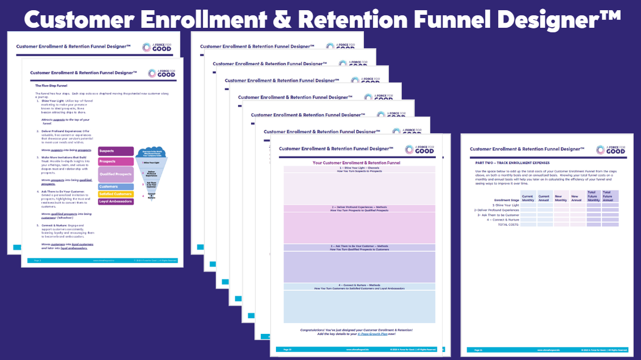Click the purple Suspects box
tap(116, 151)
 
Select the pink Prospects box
tap(116, 162)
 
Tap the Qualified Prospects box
tap(116, 175)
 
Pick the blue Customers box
tap(116, 187)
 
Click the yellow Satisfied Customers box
tap(116, 194)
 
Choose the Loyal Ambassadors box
tap(116, 201)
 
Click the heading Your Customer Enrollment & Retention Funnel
tap(359, 163)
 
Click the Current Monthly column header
tap(528, 198)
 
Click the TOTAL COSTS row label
tap(508, 225)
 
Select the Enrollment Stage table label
tap(507, 200)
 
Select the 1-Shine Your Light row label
tap(507, 205)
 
